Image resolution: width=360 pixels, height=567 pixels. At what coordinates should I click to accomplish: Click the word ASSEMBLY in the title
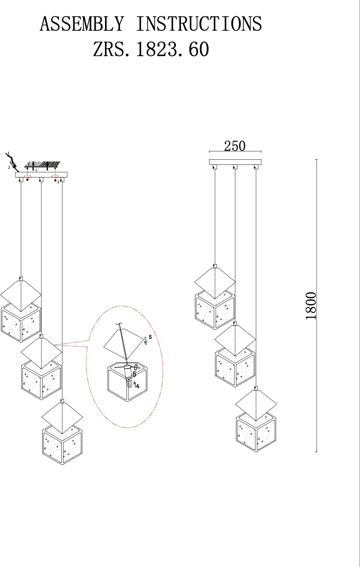[82, 24]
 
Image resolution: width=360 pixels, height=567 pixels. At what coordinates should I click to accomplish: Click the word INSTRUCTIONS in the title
[199, 24]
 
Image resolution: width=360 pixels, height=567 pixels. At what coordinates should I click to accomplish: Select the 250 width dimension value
[235, 146]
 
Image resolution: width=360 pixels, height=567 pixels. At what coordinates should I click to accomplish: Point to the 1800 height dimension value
[311, 306]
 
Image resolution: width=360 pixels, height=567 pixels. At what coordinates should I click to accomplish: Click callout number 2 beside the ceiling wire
[9, 167]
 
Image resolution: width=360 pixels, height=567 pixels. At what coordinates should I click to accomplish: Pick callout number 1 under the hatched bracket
[36, 170]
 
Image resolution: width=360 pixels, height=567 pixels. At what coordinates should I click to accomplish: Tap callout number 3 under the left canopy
[58, 182]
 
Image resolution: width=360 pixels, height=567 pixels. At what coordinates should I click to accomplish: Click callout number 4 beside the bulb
[138, 386]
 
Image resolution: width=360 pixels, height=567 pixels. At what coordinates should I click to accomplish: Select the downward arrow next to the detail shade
[145, 341]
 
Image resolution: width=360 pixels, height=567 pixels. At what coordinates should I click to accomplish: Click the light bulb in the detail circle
[130, 382]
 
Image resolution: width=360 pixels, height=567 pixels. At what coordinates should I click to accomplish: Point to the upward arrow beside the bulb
[135, 385]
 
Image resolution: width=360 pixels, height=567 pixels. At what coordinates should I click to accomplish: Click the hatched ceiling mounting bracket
[42, 164]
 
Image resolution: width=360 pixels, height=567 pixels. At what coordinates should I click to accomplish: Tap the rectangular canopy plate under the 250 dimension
[235, 162]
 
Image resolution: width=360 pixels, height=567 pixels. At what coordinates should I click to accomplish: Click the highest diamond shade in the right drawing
[215, 283]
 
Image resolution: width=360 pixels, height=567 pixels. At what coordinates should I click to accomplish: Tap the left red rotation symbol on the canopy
[28, 176]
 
